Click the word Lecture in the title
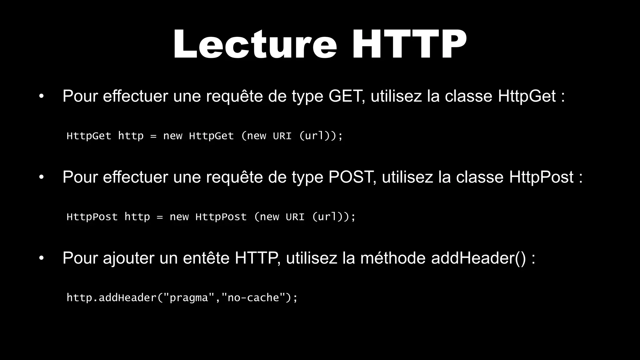point(255,44)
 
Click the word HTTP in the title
point(409,44)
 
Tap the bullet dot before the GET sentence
point(41,96)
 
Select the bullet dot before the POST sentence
point(41,177)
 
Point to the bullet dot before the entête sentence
point(41,258)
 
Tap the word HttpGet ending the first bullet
point(527,96)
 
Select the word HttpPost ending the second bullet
point(541,177)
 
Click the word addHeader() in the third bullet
point(478,258)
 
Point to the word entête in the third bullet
point(206,258)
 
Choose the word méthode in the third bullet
point(393,258)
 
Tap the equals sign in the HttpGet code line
point(153,136)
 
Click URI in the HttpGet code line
point(282,136)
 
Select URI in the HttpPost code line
point(295,217)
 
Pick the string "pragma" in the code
point(188,298)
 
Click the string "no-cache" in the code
point(253,297)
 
